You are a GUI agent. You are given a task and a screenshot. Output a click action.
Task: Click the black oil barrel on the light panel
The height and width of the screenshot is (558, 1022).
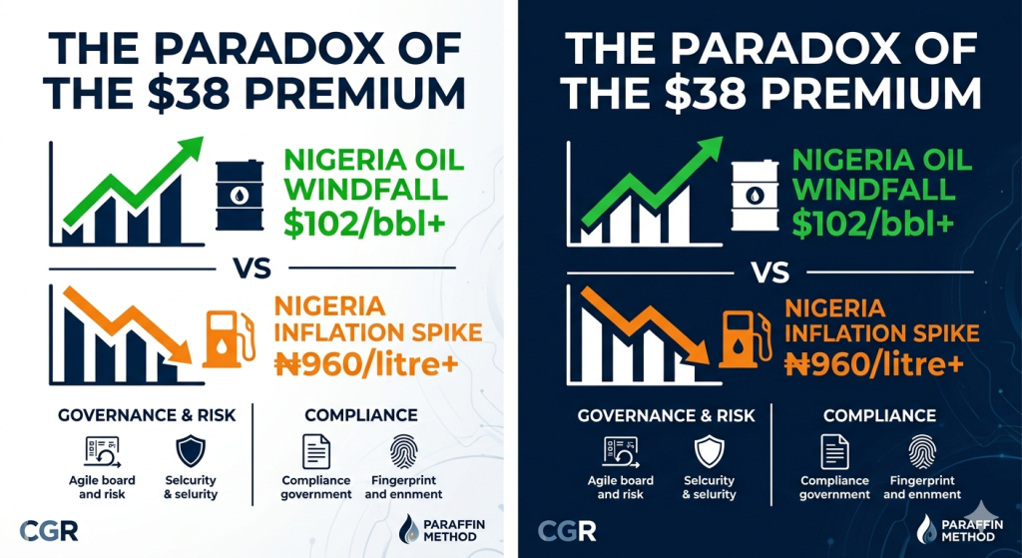(x=240, y=195)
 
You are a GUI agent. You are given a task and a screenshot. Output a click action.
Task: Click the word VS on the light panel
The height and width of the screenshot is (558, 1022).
(x=253, y=268)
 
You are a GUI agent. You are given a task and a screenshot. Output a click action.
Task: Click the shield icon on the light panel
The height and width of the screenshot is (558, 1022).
(x=191, y=451)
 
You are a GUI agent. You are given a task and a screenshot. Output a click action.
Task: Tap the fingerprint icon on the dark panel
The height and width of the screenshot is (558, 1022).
(x=922, y=451)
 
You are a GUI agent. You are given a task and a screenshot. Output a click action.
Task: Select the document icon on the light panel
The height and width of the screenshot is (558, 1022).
(x=316, y=451)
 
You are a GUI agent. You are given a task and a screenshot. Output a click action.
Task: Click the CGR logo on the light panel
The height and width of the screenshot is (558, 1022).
(x=49, y=531)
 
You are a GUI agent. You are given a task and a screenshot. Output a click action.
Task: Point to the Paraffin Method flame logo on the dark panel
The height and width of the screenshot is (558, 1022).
(x=925, y=529)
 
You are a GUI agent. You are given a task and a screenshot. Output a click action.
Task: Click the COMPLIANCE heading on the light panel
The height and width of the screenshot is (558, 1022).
(x=361, y=414)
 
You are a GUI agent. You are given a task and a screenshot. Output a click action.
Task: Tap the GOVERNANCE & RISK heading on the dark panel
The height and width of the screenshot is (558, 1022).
(x=666, y=414)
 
